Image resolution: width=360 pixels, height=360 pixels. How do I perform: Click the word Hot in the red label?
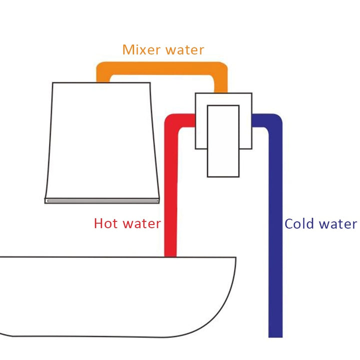pyautogui.click(x=106, y=223)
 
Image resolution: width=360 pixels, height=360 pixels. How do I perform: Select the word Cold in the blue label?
pyautogui.click(x=301, y=223)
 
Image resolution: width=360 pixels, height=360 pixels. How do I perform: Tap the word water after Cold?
pyautogui.click(x=339, y=223)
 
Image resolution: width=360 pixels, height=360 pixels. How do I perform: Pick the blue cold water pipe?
pyautogui.click(x=275, y=225)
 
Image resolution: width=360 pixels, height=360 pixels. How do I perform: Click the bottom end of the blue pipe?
pyautogui.click(x=275, y=334)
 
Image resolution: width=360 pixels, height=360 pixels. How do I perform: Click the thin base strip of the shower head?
pyautogui.click(x=102, y=200)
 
